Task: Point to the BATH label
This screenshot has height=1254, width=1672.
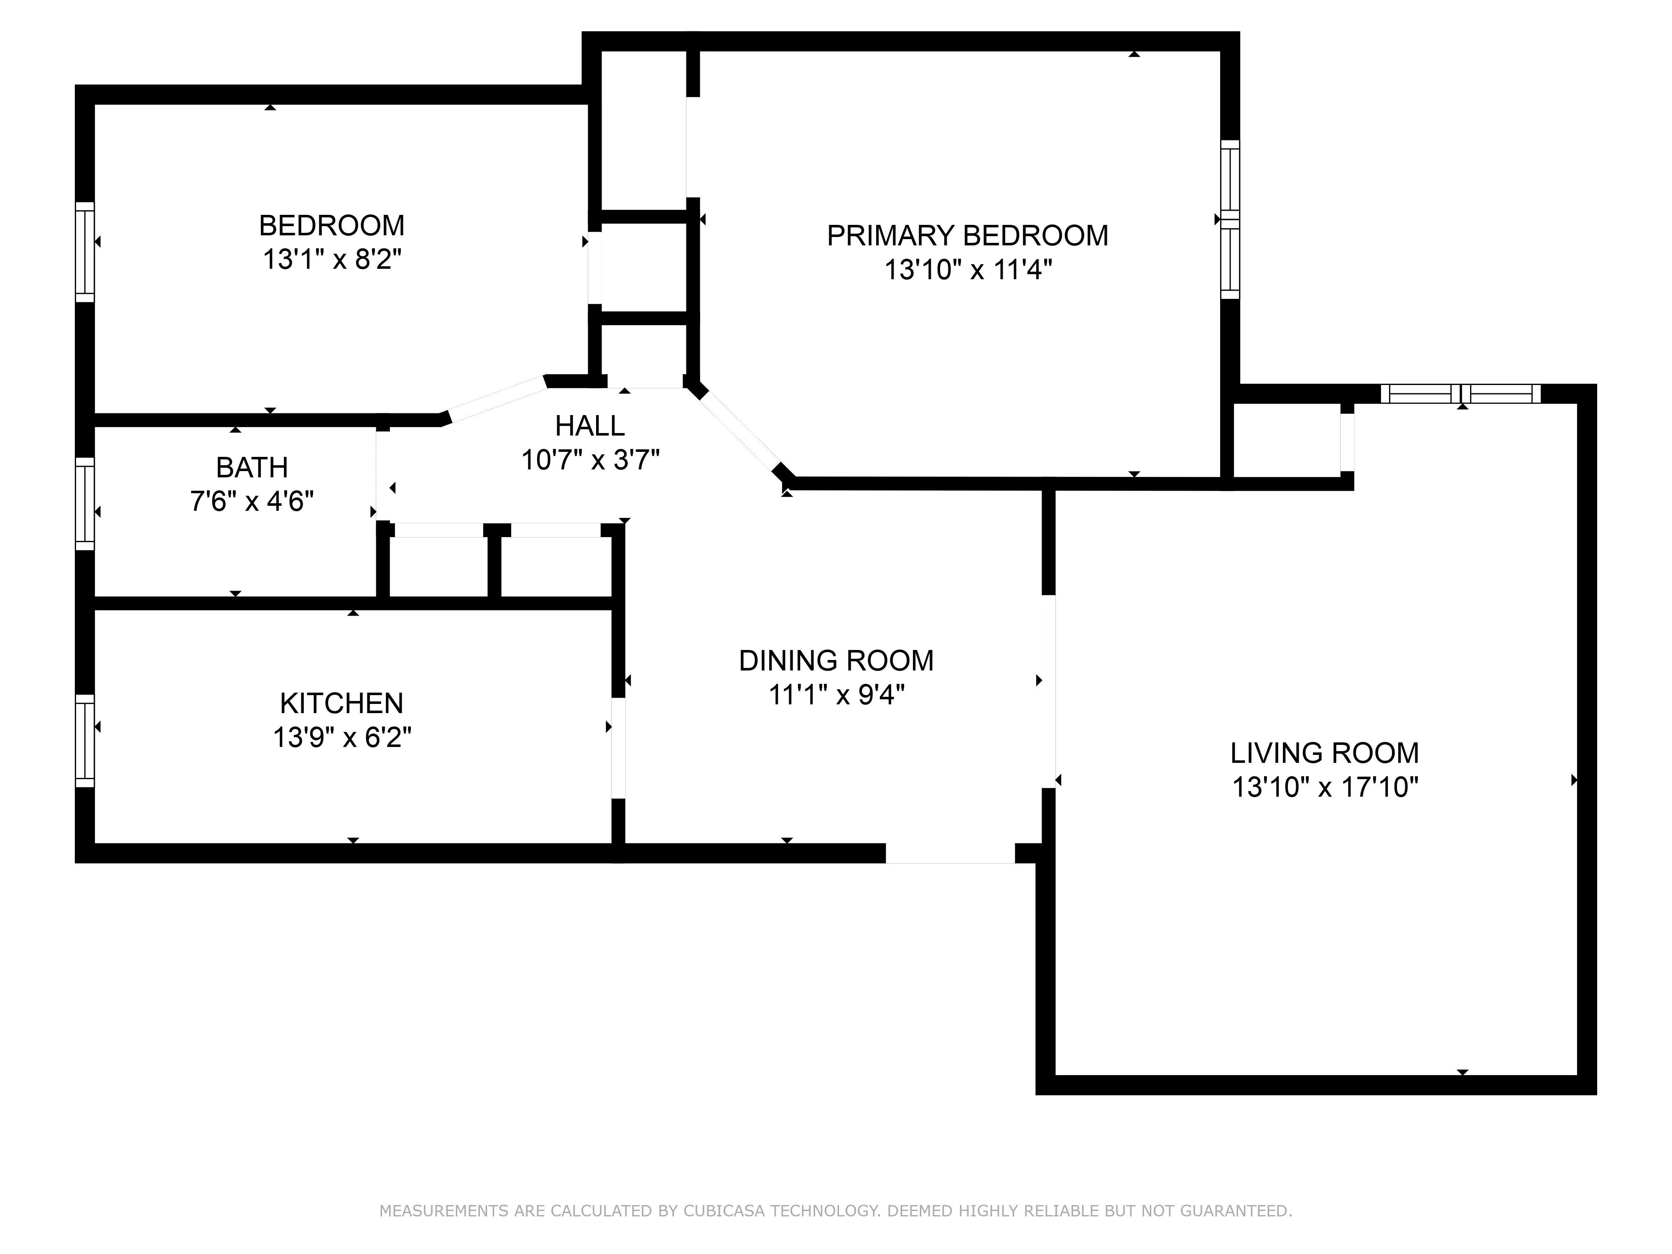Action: [252, 468]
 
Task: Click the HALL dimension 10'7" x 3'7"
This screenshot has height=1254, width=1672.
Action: [590, 459]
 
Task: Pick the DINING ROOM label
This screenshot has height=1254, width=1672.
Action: [836, 660]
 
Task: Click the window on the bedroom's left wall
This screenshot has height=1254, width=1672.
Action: [85, 252]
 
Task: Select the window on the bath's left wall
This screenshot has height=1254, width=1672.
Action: [85, 503]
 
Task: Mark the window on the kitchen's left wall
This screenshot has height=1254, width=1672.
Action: [85, 741]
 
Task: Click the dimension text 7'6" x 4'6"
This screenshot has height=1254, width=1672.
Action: [252, 501]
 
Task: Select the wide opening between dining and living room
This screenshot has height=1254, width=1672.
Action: [1048, 692]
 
